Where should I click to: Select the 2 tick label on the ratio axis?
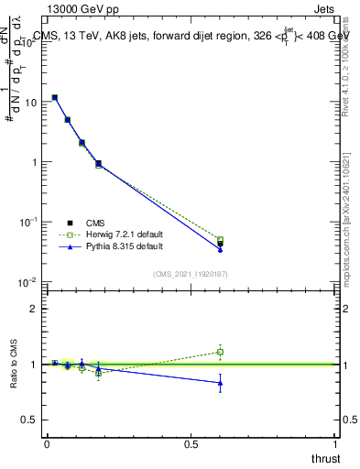34,309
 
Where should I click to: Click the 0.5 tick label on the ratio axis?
29,420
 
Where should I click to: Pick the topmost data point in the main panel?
54,97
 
